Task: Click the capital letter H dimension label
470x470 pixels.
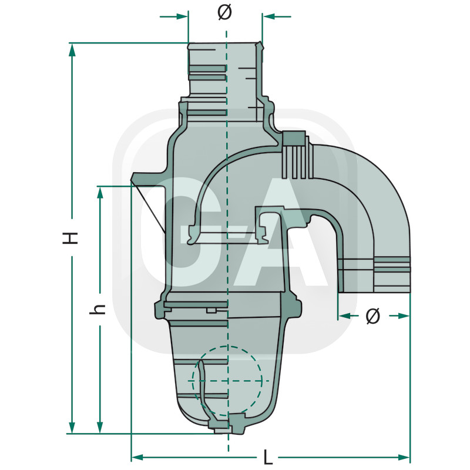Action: point(71,237)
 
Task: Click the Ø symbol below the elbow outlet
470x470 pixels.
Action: point(372,316)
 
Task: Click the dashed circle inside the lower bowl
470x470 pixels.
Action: point(227,381)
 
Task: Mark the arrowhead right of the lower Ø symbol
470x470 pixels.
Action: point(403,316)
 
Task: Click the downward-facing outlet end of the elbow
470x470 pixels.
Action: point(374,276)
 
